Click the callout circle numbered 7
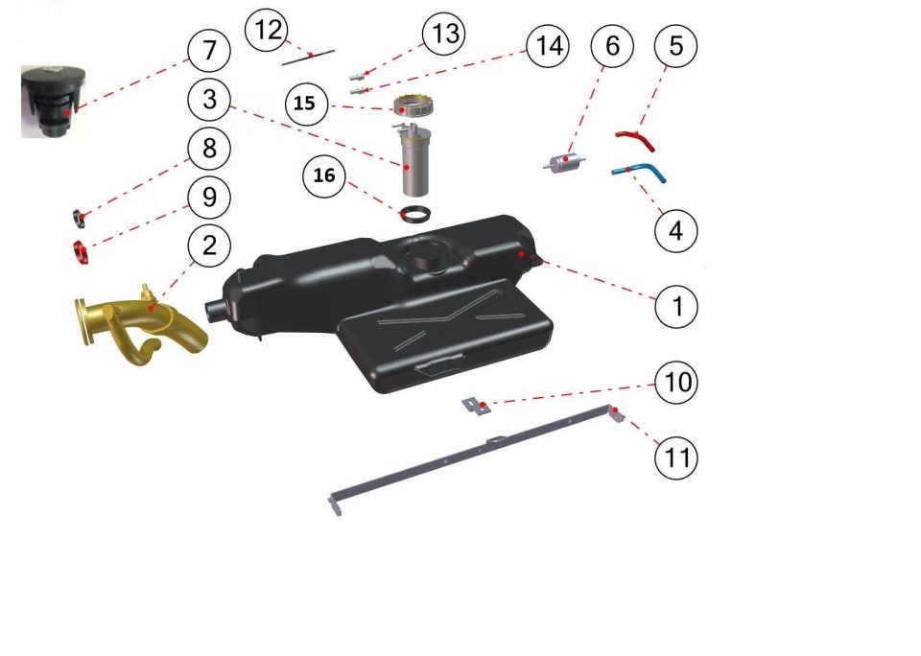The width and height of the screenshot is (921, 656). point(209,51)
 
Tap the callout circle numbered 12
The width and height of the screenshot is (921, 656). point(267,30)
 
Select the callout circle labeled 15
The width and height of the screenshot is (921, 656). point(306,104)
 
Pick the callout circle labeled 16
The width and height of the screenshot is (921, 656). point(324,176)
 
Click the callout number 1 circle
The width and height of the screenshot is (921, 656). point(676,306)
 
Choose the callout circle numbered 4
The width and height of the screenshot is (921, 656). point(676,231)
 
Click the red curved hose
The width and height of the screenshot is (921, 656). point(636,140)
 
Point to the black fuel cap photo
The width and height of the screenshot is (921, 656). point(54,101)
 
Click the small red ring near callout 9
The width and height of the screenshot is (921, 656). point(81,252)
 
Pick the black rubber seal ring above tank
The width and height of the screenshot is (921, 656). point(414,214)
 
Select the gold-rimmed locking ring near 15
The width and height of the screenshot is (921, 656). point(414,105)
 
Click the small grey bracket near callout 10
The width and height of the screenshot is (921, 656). point(477,407)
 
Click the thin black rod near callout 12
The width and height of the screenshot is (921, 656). point(308,58)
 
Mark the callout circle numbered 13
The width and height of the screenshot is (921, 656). point(444,34)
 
